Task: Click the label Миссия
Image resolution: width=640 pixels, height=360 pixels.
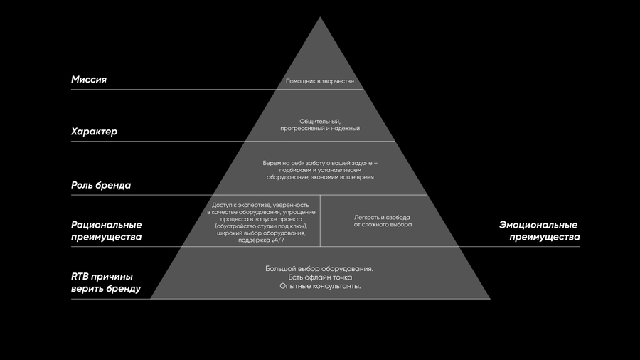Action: [89, 80]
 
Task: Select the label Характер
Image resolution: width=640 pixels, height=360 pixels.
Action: [94, 132]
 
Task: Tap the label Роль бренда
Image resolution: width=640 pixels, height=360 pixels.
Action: [101, 185]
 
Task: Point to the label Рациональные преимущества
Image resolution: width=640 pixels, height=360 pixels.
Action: [106, 231]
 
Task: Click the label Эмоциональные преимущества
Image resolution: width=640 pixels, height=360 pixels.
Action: [539, 231]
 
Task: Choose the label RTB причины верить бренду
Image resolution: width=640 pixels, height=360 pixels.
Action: [106, 282]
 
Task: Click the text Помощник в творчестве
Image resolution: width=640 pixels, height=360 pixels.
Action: [319, 81]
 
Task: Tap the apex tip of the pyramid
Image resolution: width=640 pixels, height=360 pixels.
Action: [320, 17]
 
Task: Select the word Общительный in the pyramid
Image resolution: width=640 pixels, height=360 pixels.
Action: [319, 122]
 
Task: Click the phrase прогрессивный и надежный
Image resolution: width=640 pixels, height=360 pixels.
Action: [320, 129]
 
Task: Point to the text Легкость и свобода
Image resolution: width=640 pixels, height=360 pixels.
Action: [382, 218]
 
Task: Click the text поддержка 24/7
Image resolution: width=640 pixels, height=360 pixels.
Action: [261, 240]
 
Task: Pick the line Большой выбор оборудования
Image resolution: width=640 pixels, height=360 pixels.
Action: [319, 268]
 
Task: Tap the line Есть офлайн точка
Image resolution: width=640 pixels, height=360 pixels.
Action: [320, 277]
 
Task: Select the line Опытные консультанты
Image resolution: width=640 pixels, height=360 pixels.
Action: [320, 286]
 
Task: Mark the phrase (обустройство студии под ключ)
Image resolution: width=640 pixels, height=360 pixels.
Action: [261, 226]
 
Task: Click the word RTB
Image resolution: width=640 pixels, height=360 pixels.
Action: [79, 277]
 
